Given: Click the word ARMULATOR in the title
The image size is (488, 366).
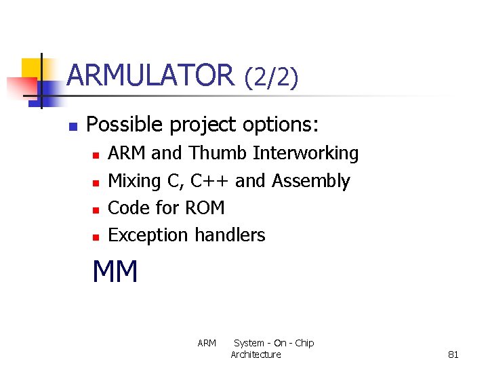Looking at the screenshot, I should click(x=150, y=75).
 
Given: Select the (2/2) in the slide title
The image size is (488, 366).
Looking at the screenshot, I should click(x=271, y=77).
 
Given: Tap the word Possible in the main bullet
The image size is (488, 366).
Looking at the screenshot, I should click(x=125, y=125).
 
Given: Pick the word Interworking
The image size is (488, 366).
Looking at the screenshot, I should click(x=306, y=154).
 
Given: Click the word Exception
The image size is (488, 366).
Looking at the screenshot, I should click(x=148, y=235).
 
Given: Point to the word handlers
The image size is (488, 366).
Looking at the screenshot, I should click(x=230, y=235).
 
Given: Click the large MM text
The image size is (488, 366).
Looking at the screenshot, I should click(x=115, y=272).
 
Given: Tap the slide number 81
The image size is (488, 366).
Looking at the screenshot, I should click(x=453, y=354).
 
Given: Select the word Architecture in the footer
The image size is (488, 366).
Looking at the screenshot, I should click(x=256, y=354).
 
